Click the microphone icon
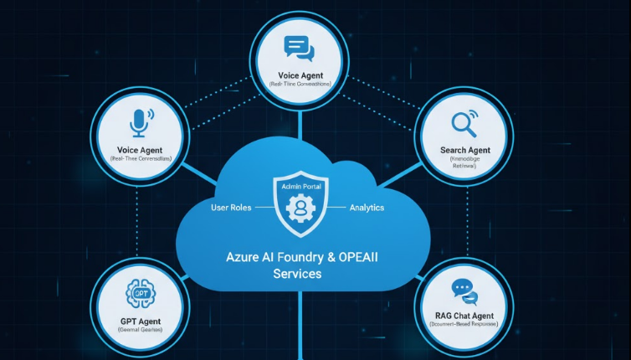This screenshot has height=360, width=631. (x=139, y=123)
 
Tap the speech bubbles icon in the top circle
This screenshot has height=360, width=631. (x=298, y=48)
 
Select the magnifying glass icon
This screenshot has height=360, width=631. (x=463, y=124)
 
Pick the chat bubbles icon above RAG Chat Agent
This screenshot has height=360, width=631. (x=464, y=291)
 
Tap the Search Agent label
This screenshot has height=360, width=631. (x=463, y=150)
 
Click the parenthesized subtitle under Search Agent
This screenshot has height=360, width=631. (x=463, y=162)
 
